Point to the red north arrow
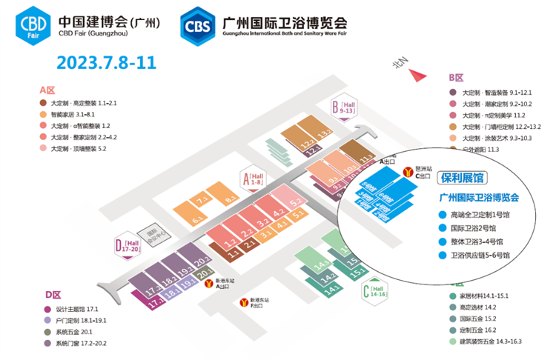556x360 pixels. [x=419, y=74]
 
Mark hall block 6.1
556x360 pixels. [x=197, y=220]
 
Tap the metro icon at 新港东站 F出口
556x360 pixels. [x=243, y=303]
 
